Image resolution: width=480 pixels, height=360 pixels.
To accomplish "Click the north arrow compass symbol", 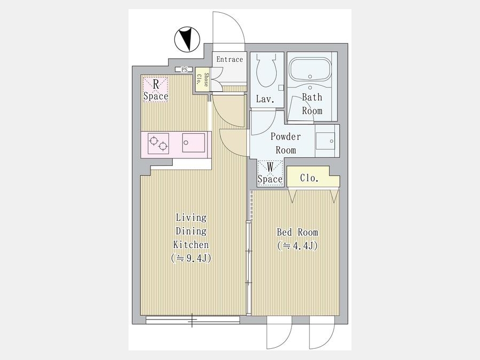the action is (x=187, y=39).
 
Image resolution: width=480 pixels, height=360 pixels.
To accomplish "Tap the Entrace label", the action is (x=229, y=59).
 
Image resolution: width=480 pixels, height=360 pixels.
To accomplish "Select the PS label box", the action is (x=184, y=70).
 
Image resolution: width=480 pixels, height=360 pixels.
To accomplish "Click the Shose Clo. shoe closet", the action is (x=202, y=79).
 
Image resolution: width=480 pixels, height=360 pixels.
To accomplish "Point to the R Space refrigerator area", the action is (x=156, y=89).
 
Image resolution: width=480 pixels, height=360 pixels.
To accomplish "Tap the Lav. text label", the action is (x=265, y=99).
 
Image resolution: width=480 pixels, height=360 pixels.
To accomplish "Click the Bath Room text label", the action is (x=312, y=104).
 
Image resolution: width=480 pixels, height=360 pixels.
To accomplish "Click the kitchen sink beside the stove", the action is (x=194, y=142).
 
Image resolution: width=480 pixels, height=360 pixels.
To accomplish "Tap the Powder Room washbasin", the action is (x=325, y=141).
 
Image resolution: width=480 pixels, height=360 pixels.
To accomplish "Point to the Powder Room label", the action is (x=286, y=143).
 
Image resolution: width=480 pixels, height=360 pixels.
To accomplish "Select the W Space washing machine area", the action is (x=270, y=173).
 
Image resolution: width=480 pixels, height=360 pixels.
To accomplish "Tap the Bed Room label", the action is (x=297, y=232).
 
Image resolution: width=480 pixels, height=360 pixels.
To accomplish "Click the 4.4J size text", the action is (x=297, y=246).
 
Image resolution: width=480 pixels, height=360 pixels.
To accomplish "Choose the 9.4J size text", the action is (x=191, y=258).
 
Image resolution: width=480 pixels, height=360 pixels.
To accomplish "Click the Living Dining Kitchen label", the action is (x=191, y=231).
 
